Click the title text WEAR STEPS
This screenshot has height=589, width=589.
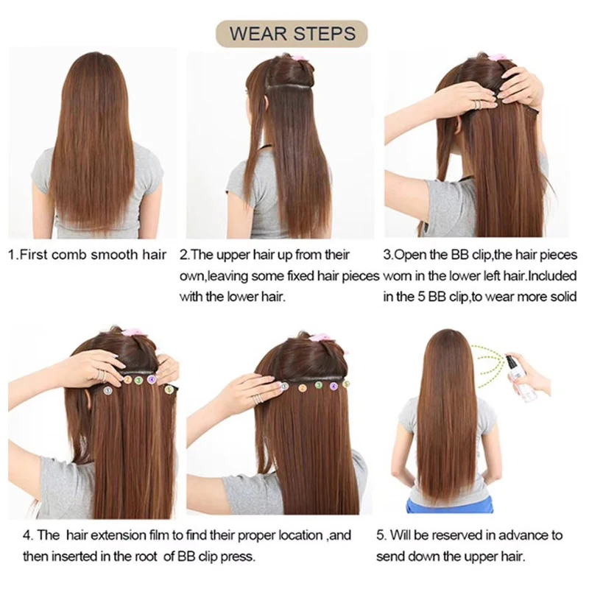(292, 33)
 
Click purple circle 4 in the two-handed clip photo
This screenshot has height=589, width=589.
(152, 379)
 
